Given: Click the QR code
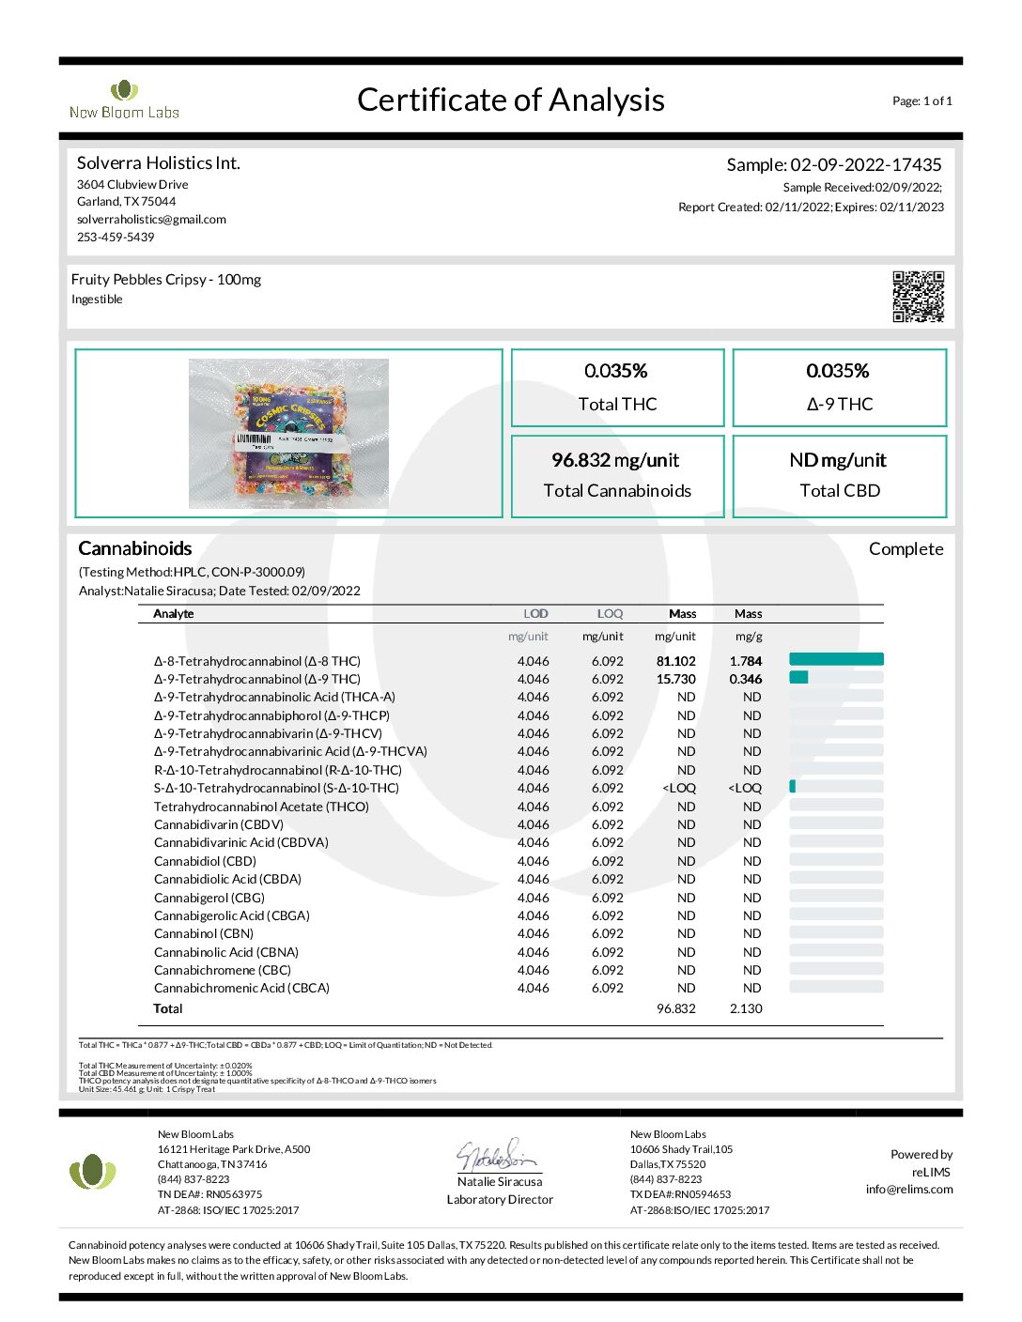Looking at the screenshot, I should click(918, 296).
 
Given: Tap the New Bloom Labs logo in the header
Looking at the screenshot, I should click(124, 100).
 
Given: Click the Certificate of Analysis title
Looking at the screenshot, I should click(510, 100).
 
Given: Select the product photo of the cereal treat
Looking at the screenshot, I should click(288, 433).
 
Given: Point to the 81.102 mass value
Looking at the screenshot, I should click(675, 661).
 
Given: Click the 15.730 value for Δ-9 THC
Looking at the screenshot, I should click(675, 679).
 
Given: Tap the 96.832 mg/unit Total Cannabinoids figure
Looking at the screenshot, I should click(615, 460).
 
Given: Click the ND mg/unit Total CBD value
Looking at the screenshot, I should click(838, 460).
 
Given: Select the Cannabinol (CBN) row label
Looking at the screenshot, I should click(204, 933).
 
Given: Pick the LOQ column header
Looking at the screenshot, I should click(610, 614).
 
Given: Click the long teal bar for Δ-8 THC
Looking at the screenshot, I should click(836, 659).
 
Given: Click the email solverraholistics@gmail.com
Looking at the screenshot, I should click(151, 220).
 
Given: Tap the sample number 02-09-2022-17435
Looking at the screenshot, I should click(865, 164).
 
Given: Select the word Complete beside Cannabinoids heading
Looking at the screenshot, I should click(906, 549).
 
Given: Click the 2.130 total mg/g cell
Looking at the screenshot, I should click(746, 1008).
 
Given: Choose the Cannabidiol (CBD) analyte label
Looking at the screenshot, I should click(205, 861).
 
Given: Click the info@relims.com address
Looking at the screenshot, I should click(908, 1190).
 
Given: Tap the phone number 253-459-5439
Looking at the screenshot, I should click(116, 238).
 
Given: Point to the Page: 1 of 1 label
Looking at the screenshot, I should click(921, 101).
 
